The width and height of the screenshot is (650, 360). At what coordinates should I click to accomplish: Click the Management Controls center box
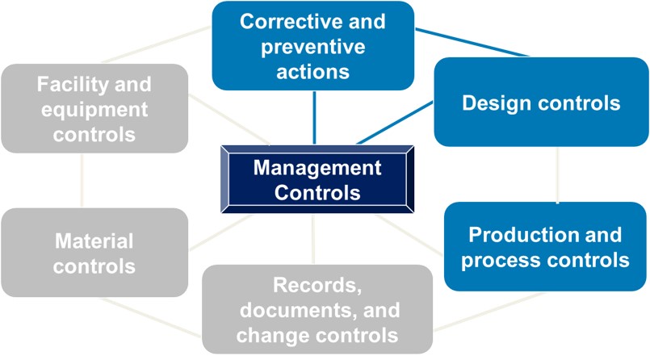317,179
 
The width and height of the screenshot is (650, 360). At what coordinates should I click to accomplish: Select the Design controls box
541,102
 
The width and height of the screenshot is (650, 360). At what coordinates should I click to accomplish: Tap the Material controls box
94,253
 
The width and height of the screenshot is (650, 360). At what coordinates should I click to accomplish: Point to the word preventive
313,47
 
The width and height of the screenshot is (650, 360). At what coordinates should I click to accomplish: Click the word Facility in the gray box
70,85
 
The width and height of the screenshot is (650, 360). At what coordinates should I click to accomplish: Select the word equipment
94,111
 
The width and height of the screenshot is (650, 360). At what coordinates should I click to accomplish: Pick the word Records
317,286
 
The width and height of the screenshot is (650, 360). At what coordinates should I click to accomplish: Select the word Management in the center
317,168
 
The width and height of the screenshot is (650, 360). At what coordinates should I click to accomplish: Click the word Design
489,103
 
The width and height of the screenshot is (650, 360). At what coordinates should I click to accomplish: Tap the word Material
94,241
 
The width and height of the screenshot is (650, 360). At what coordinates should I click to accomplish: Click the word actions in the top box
313,72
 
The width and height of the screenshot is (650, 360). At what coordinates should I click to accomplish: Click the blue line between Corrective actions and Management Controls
314,118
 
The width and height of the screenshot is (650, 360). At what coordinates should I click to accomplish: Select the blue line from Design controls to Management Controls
395,123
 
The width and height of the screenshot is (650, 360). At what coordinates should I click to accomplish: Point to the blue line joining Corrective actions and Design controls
472,42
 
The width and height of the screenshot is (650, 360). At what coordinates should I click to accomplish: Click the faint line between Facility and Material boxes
82,181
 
